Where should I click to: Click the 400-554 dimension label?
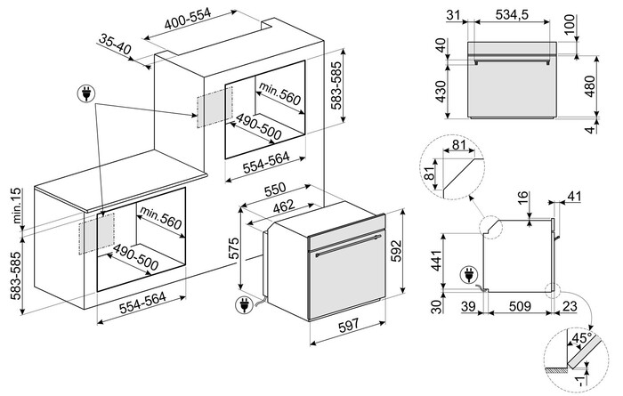[x=188, y=19]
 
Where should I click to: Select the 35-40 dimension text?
[x=115, y=44]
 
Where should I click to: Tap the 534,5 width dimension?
[x=512, y=15]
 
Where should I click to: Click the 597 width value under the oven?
[x=348, y=326]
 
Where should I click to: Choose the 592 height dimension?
[x=397, y=251]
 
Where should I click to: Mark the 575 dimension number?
[x=234, y=248]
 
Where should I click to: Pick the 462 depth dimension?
[x=284, y=206]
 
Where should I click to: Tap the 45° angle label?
[x=580, y=338]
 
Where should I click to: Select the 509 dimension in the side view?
[x=520, y=306]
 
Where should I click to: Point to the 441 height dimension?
[x=438, y=260]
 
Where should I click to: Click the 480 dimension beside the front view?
[x=590, y=85]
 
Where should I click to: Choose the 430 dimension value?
[x=441, y=92]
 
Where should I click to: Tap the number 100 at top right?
[x=570, y=25]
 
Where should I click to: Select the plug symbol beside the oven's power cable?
[x=244, y=305]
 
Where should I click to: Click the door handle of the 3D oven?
[x=348, y=246]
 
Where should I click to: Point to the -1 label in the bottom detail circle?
[x=580, y=381]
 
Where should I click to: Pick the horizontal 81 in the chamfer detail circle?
[x=458, y=144]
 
